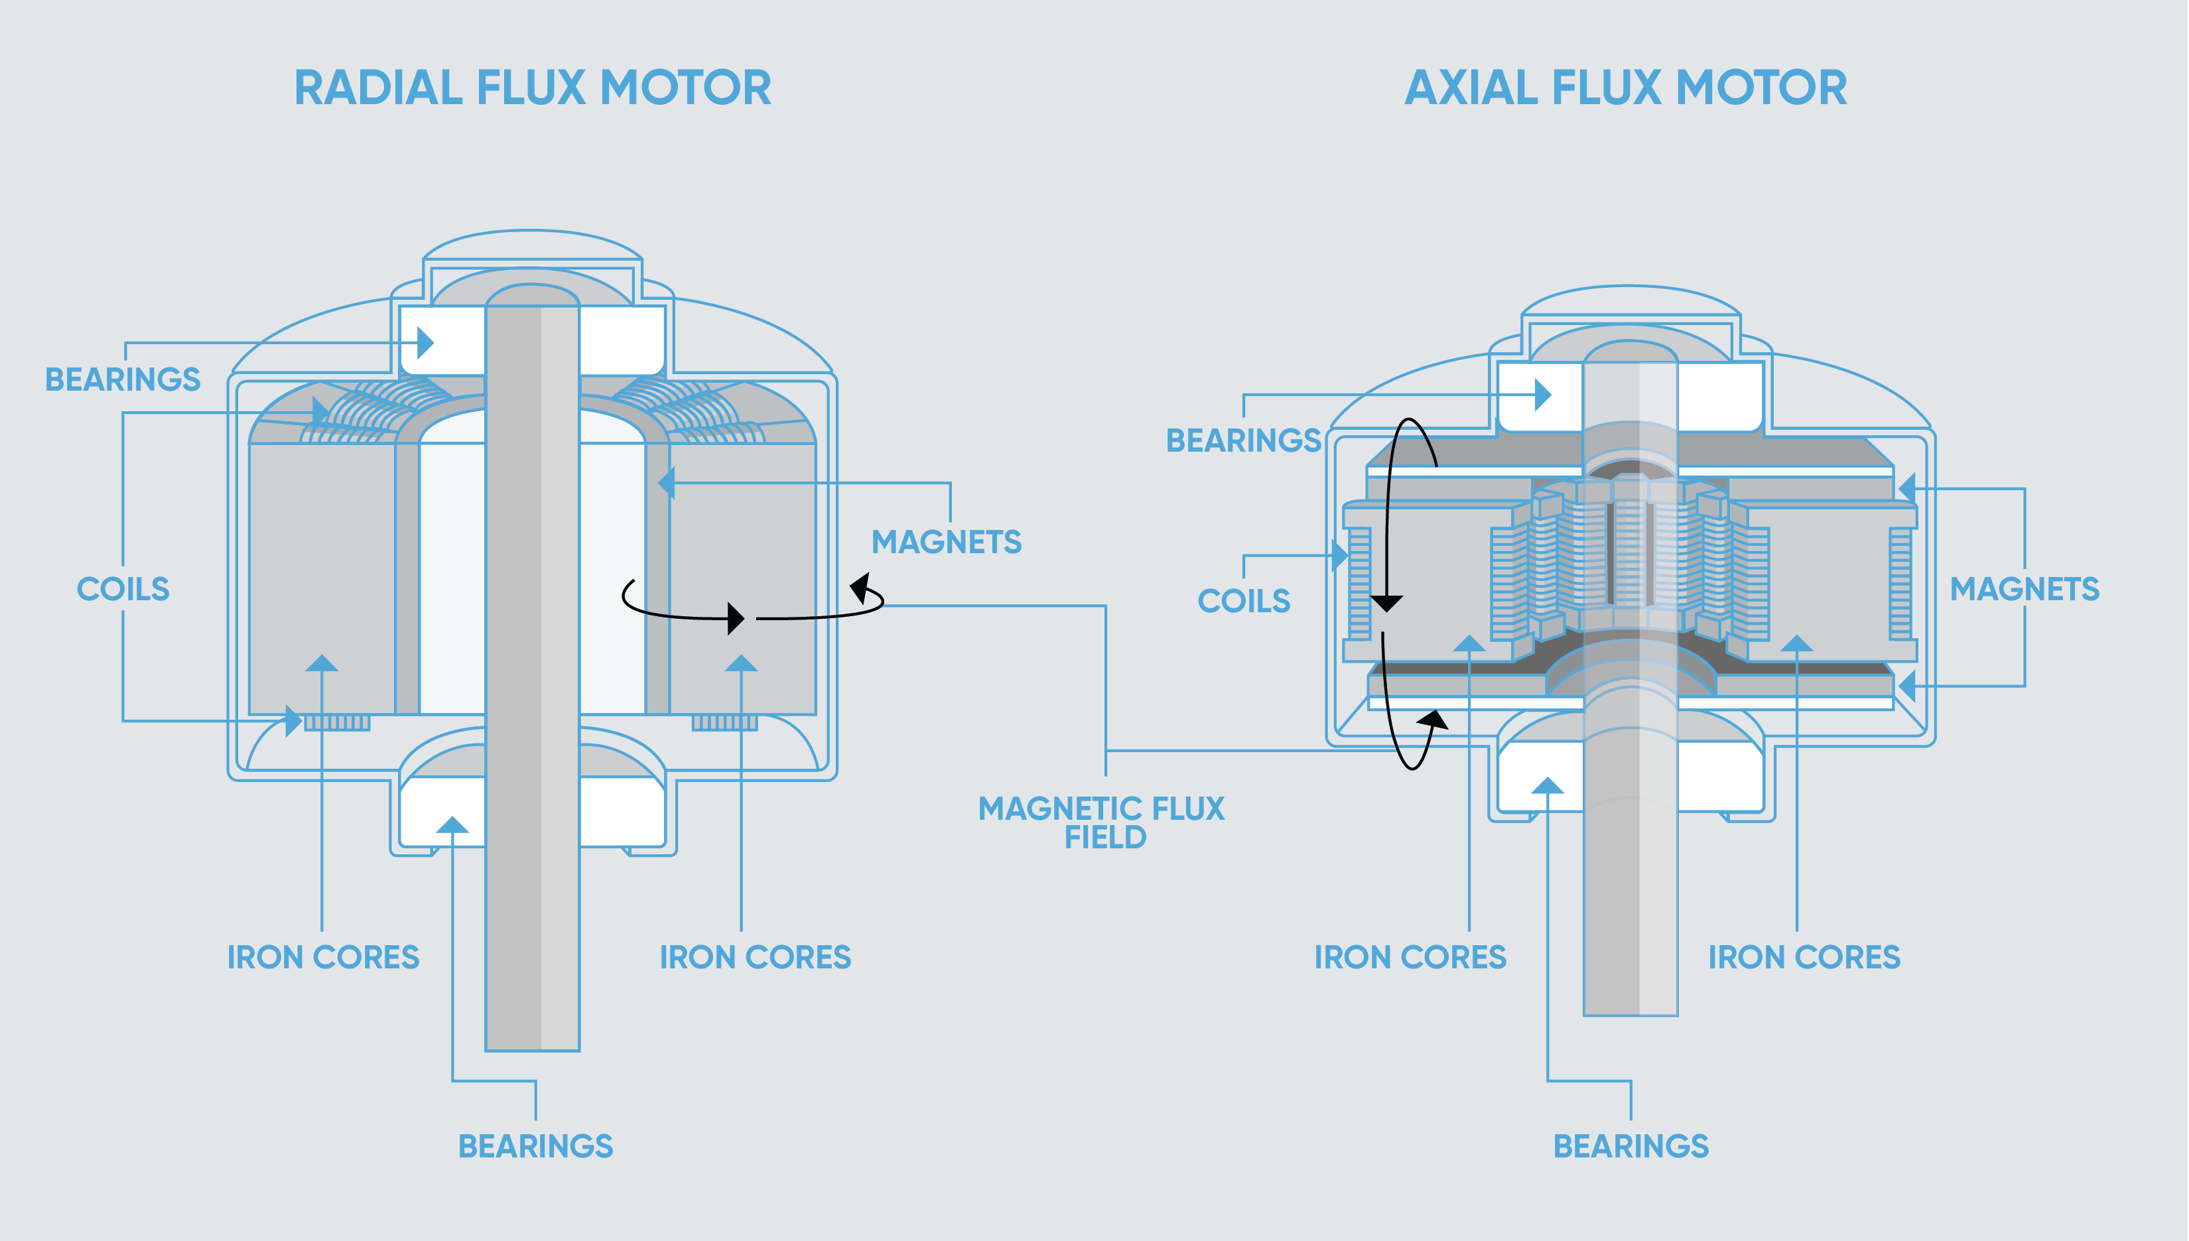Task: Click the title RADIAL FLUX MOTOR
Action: pyautogui.click(x=533, y=88)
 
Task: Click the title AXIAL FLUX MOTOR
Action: pyautogui.click(x=1626, y=88)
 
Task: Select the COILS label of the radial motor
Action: pyautogui.click(x=123, y=589)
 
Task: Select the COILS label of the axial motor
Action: pyautogui.click(x=1244, y=601)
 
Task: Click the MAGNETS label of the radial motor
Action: pyautogui.click(x=946, y=542)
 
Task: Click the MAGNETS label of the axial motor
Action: pyautogui.click(x=2024, y=589)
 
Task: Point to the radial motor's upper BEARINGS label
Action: pyautogui.click(x=123, y=379)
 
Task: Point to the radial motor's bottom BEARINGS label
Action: pyautogui.click(x=535, y=1146)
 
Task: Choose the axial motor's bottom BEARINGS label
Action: pyautogui.click(x=1630, y=1146)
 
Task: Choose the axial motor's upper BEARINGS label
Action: pyautogui.click(x=1244, y=440)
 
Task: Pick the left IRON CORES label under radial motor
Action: pyautogui.click(x=323, y=957)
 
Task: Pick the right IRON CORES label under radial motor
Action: pyautogui.click(x=756, y=957)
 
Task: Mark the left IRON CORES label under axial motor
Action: pyautogui.click(x=1410, y=957)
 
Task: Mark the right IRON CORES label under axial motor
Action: pyautogui.click(x=1804, y=957)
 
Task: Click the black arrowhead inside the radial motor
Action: pyautogui.click(x=736, y=618)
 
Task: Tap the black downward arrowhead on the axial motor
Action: pyautogui.click(x=1386, y=604)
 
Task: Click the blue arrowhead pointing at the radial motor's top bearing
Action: pyautogui.click(x=425, y=344)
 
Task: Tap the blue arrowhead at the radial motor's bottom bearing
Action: pyautogui.click(x=452, y=825)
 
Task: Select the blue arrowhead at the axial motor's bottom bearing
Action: pyautogui.click(x=1547, y=786)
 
